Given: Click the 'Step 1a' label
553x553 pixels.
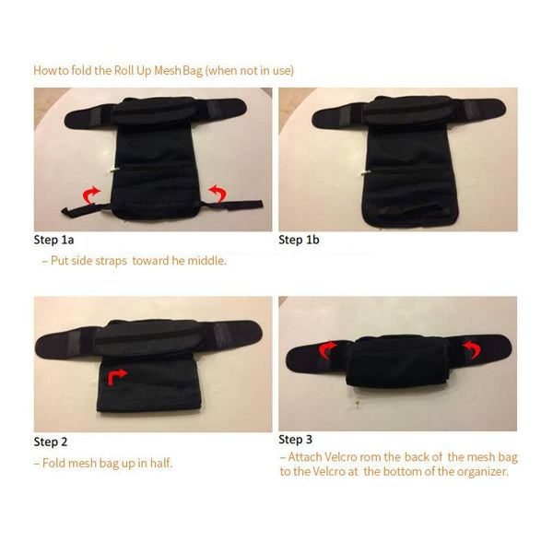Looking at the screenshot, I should [56, 241].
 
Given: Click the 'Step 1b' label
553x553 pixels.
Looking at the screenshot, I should [301, 241].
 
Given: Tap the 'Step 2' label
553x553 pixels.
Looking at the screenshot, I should [51, 441].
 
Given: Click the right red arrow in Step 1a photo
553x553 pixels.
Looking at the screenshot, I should [217, 192].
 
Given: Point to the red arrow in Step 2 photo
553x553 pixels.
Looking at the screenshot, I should [116, 375].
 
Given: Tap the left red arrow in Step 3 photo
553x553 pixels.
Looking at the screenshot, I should [328, 350].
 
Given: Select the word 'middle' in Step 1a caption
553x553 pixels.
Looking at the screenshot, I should [204, 261].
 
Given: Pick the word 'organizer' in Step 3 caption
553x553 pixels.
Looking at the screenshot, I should [477, 472].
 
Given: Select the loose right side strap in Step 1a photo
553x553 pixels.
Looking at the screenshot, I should [241, 202].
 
